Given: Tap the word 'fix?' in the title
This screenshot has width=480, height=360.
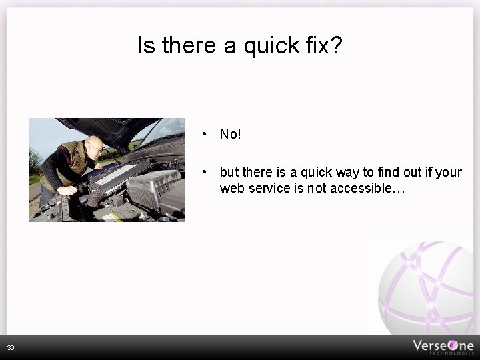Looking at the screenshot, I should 326,45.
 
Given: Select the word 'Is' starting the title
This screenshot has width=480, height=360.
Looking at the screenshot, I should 146,45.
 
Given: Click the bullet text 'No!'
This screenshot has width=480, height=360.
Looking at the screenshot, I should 231,135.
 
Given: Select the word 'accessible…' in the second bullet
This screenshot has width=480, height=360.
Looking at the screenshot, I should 371,189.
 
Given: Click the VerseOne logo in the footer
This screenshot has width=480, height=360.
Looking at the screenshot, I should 443,346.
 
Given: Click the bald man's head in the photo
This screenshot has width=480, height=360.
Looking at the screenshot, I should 95,145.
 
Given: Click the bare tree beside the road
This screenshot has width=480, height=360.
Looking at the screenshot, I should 34,160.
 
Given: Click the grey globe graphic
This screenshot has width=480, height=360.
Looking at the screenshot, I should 427,287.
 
